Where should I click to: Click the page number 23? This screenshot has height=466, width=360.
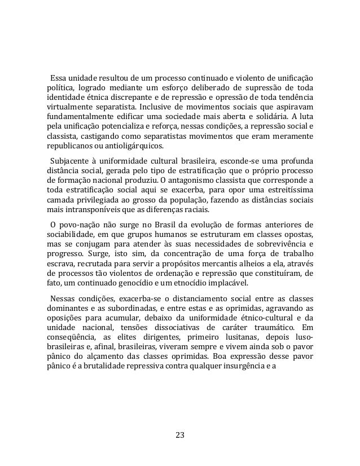pos(180,435)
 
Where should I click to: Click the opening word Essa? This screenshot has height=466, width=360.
pos(60,77)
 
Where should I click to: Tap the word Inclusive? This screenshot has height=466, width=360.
pos(172,107)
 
